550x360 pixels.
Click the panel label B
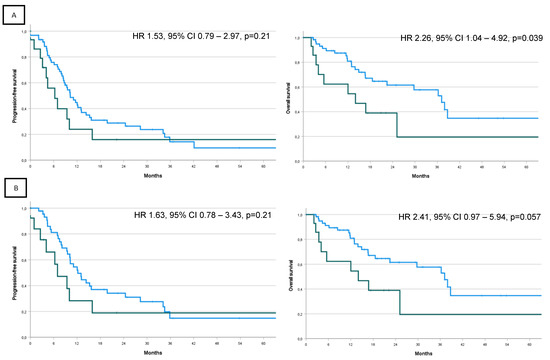[11, 186]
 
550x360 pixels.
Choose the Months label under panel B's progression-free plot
[145, 352]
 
